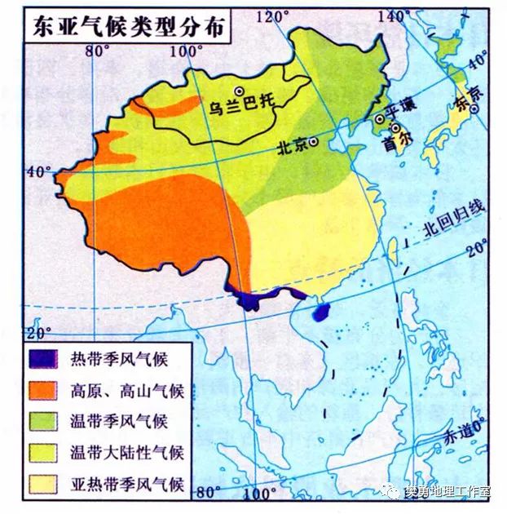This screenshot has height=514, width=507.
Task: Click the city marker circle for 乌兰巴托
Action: click(x=239, y=91)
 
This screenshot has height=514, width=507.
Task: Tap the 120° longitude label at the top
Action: click(x=272, y=15)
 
